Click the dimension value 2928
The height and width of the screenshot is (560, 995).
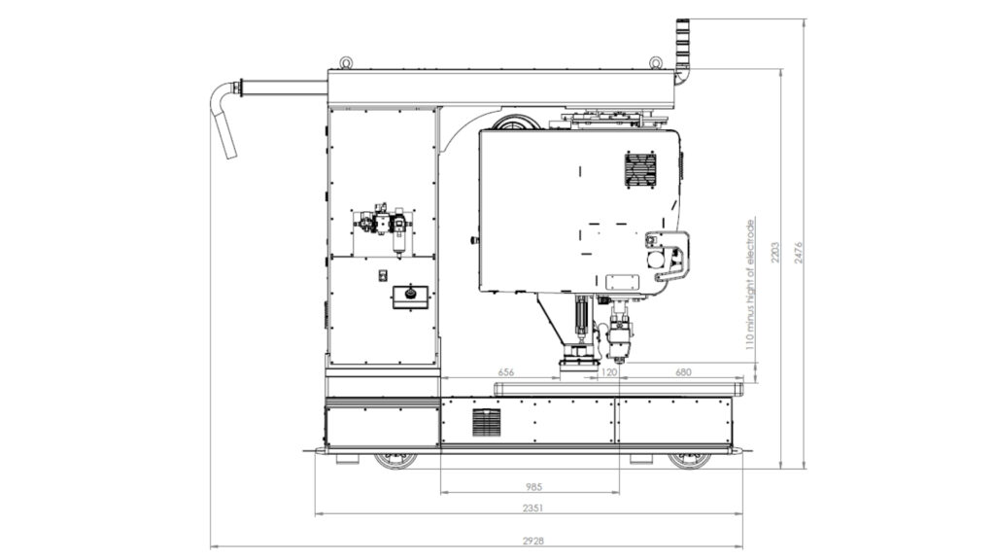point(533,541)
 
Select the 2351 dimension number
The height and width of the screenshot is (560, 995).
point(533,507)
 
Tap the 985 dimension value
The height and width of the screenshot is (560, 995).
point(533,487)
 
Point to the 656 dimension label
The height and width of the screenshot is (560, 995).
point(505,372)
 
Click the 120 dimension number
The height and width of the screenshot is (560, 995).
point(608,372)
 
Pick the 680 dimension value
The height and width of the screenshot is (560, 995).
point(683,372)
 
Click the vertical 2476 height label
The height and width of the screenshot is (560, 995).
point(799,253)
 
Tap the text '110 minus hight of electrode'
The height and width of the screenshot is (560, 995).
point(750,285)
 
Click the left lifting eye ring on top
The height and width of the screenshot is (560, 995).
point(346,63)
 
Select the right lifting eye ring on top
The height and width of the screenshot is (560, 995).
point(656,63)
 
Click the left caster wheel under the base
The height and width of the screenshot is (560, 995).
point(396,460)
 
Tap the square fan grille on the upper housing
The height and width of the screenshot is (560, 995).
point(640,169)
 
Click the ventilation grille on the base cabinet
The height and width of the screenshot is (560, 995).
point(486,422)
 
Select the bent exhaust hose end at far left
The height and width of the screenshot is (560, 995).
point(223,120)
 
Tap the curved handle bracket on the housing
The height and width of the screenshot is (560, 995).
point(671,256)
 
